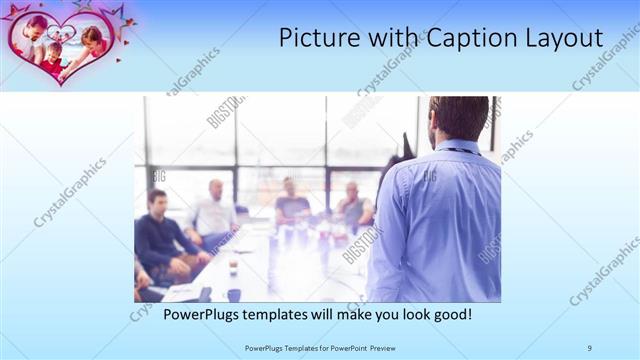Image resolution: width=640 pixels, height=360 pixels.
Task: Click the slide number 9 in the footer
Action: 590,347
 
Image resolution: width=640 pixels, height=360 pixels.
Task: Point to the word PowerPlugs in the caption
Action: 207,314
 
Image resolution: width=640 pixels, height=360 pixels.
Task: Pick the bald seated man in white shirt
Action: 214,212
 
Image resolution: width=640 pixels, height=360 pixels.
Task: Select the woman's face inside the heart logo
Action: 91,37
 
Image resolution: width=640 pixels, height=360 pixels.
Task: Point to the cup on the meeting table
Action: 232,267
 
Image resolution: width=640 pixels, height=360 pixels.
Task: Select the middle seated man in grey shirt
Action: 291,205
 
